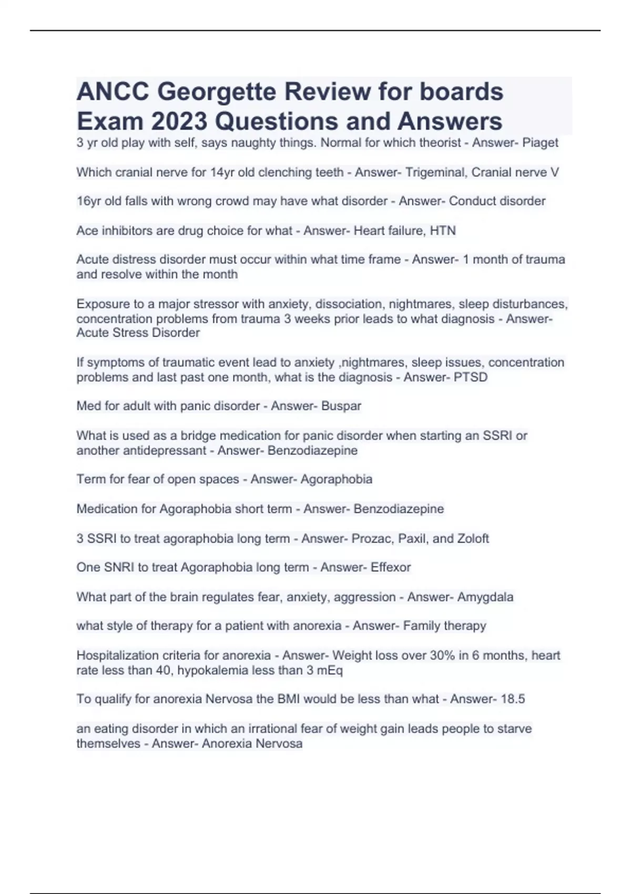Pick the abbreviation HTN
point(443,231)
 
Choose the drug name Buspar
point(341,407)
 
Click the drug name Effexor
point(391,567)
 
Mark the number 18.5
point(513,699)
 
